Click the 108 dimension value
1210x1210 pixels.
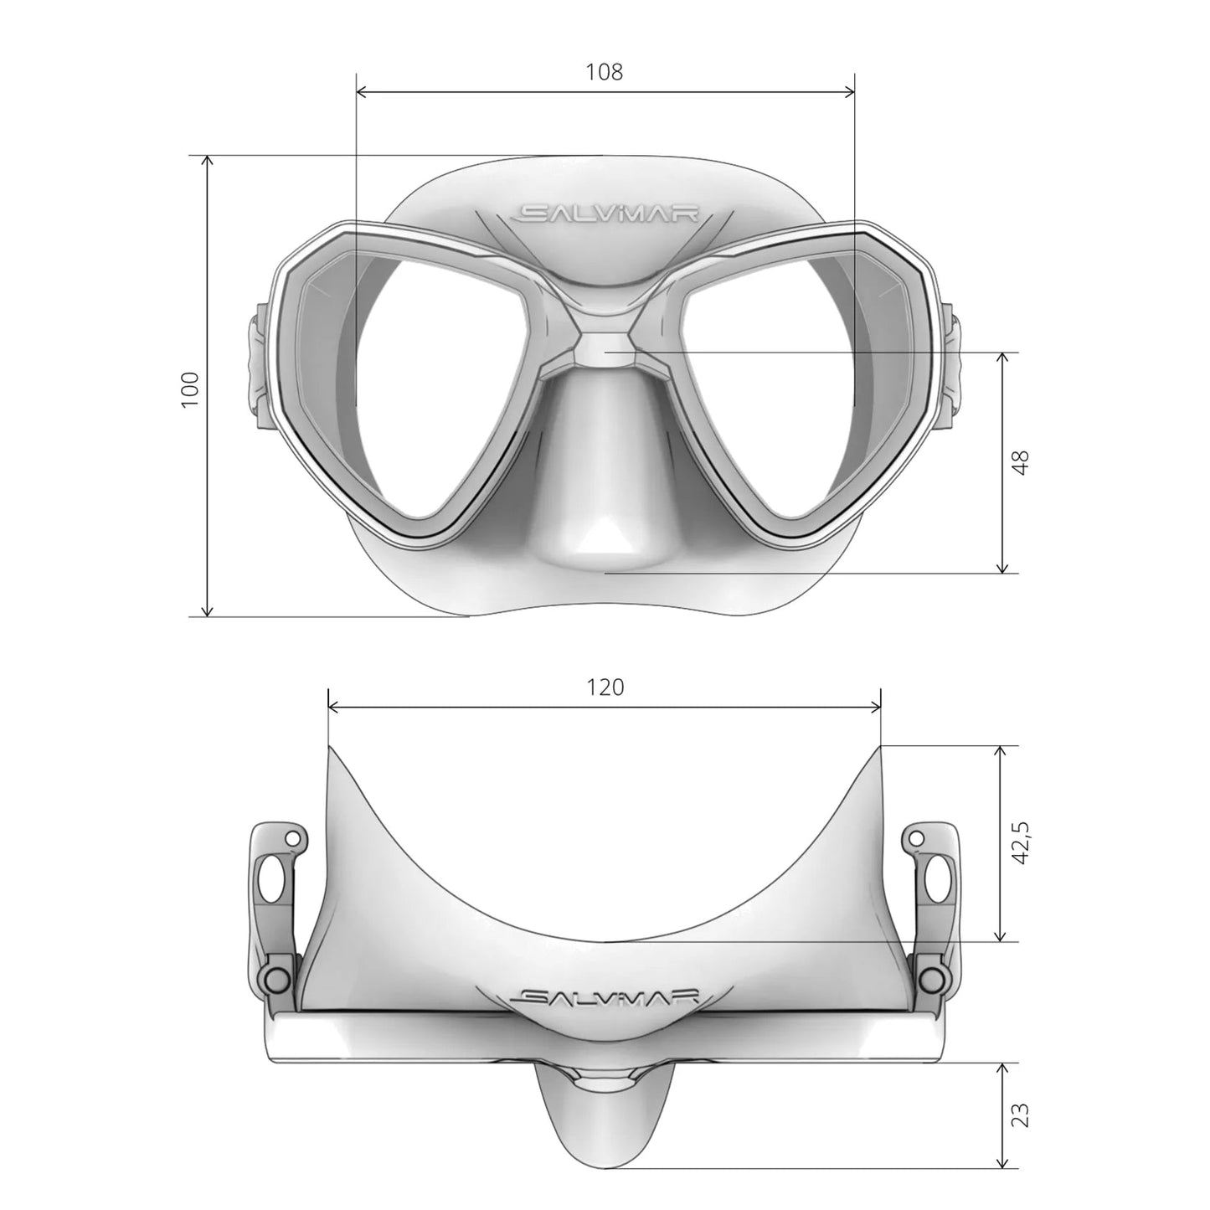pos(604,72)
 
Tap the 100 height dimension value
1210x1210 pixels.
pos(191,389)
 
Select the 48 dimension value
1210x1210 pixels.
pos(1019,463)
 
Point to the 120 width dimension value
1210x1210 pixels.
pos(605,687)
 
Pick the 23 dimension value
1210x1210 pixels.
pos(1019,1115)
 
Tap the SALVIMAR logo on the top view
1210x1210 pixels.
pos(605,996)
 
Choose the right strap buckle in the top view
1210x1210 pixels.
pos(934,904)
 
